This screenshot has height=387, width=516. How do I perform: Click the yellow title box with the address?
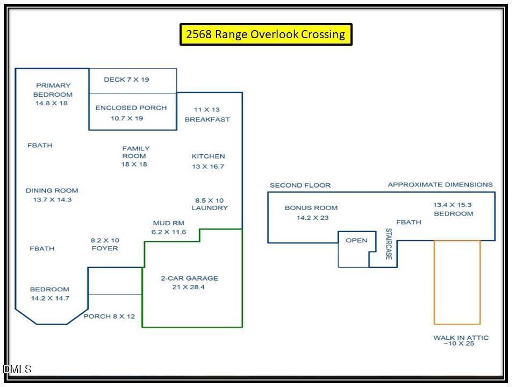(266, 34)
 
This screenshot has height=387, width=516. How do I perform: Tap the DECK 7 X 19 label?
(126, 80)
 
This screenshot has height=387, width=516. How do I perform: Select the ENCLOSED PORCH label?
(131, 108)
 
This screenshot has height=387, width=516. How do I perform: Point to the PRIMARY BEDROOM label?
(53, 90)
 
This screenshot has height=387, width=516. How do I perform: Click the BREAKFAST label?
(207, 119)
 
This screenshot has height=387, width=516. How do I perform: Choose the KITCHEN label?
(209, 156)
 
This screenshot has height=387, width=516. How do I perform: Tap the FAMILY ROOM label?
(135, 152)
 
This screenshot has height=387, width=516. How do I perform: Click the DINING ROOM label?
(52, 190)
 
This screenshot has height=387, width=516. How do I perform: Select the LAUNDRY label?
(210, 208)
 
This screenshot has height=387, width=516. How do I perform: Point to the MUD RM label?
(168, 223)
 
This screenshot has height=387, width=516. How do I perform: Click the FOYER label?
(105, 248)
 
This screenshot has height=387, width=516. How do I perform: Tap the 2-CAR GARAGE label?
(190, 278)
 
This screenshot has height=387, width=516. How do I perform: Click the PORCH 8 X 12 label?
(109, 317)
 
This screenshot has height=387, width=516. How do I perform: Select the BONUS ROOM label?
(311, 208)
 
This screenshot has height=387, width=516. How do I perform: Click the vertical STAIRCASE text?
(389, 244)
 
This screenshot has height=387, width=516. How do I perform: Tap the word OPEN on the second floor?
(356, 241)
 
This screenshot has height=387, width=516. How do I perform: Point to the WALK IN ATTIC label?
(461, 338)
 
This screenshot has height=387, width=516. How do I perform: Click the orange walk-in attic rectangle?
(434, 282)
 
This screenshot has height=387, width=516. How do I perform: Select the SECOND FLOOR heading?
(300, 185)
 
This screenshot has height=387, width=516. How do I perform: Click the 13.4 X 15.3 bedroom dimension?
(452, 205)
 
